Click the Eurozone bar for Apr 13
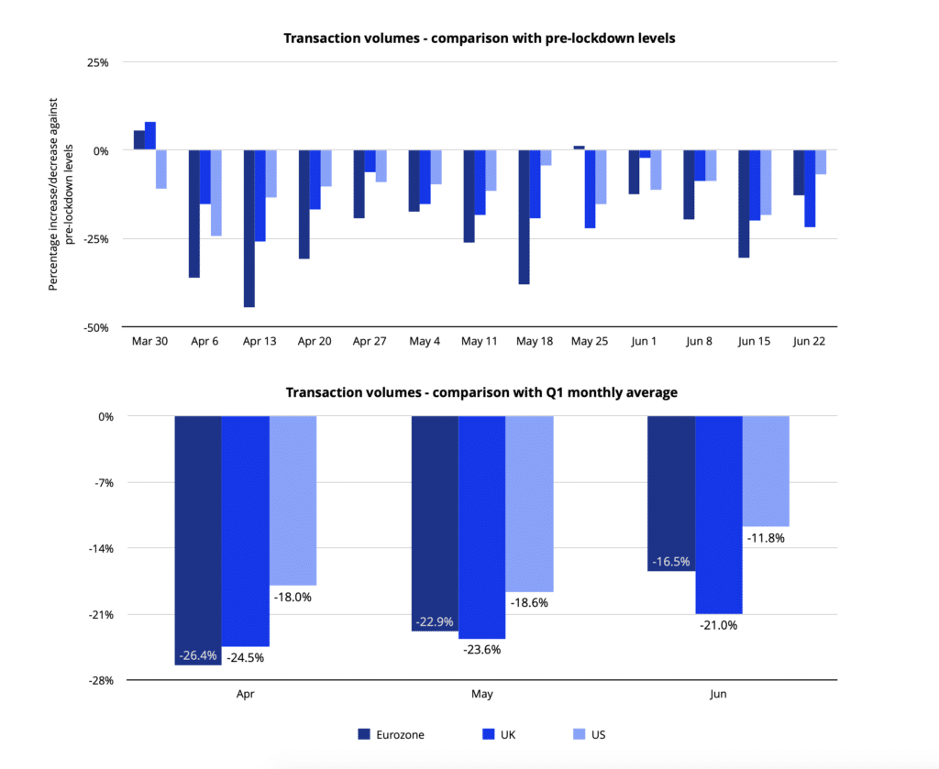coord(249,228)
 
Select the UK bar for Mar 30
coord(150,136)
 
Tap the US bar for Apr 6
coord(216,192)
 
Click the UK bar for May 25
coord(590,189)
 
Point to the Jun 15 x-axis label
coord(755,341)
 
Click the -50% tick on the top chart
coord(96,327)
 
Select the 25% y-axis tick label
coord(98,62)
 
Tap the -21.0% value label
coord(718,625)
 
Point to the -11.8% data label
coord(765,538)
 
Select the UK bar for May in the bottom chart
coord(481,527)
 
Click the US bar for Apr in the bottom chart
coord(293,500)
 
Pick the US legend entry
coord(588,734)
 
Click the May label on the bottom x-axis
coord(481,694)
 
